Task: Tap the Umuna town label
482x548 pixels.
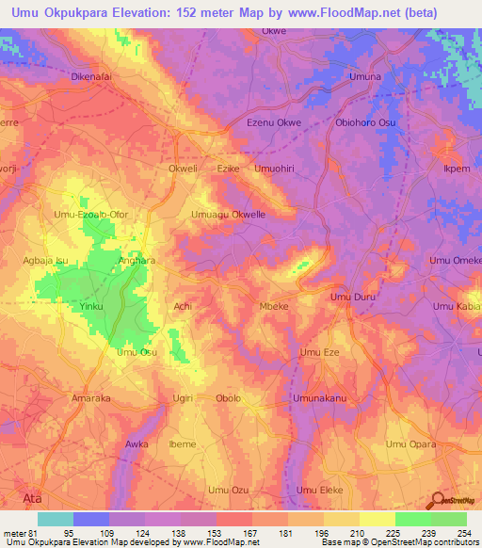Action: pos(364,76)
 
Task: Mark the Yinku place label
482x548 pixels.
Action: pos(91,307)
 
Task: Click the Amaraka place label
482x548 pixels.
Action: pos(91,398)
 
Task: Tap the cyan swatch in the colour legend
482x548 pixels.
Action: pos(55,519)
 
